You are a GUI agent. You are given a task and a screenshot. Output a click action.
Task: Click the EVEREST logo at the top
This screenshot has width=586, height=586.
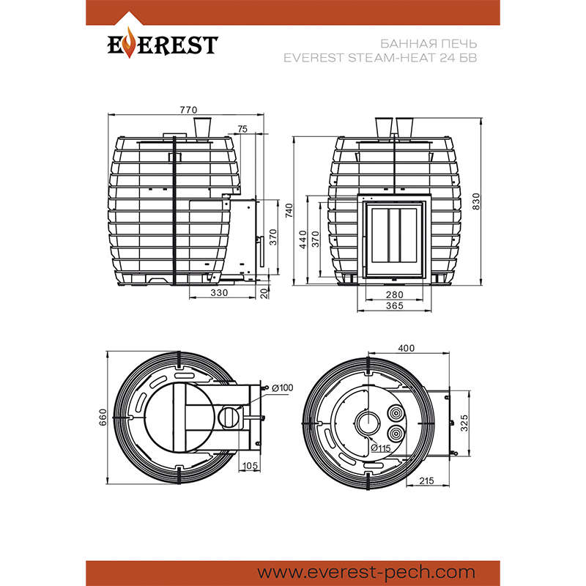[163, 45]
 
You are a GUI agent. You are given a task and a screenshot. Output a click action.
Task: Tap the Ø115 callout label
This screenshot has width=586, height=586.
[379, 448]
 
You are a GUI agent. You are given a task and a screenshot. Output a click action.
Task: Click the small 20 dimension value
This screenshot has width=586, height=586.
[265, 292]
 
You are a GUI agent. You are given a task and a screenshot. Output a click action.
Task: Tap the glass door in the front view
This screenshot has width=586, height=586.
[394, 239]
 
